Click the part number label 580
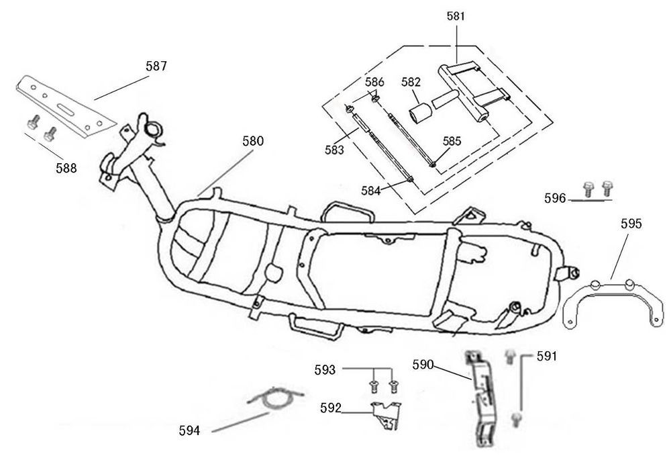(x=253, y=142)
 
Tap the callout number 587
(x=156, y=66)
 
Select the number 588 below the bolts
(x=66, y=168)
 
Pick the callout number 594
(x=190, y=430)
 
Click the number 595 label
(x=631, y=224)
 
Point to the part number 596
(x=555, y=198)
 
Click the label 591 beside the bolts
(x=547, y=357)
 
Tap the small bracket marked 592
(x=386, y=412)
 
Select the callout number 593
(x=325, y=369)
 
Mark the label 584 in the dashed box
(x=370, y=190)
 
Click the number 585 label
(x=452, y=142)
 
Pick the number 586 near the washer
(x=374, y=82)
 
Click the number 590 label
(x=423, y=365)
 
